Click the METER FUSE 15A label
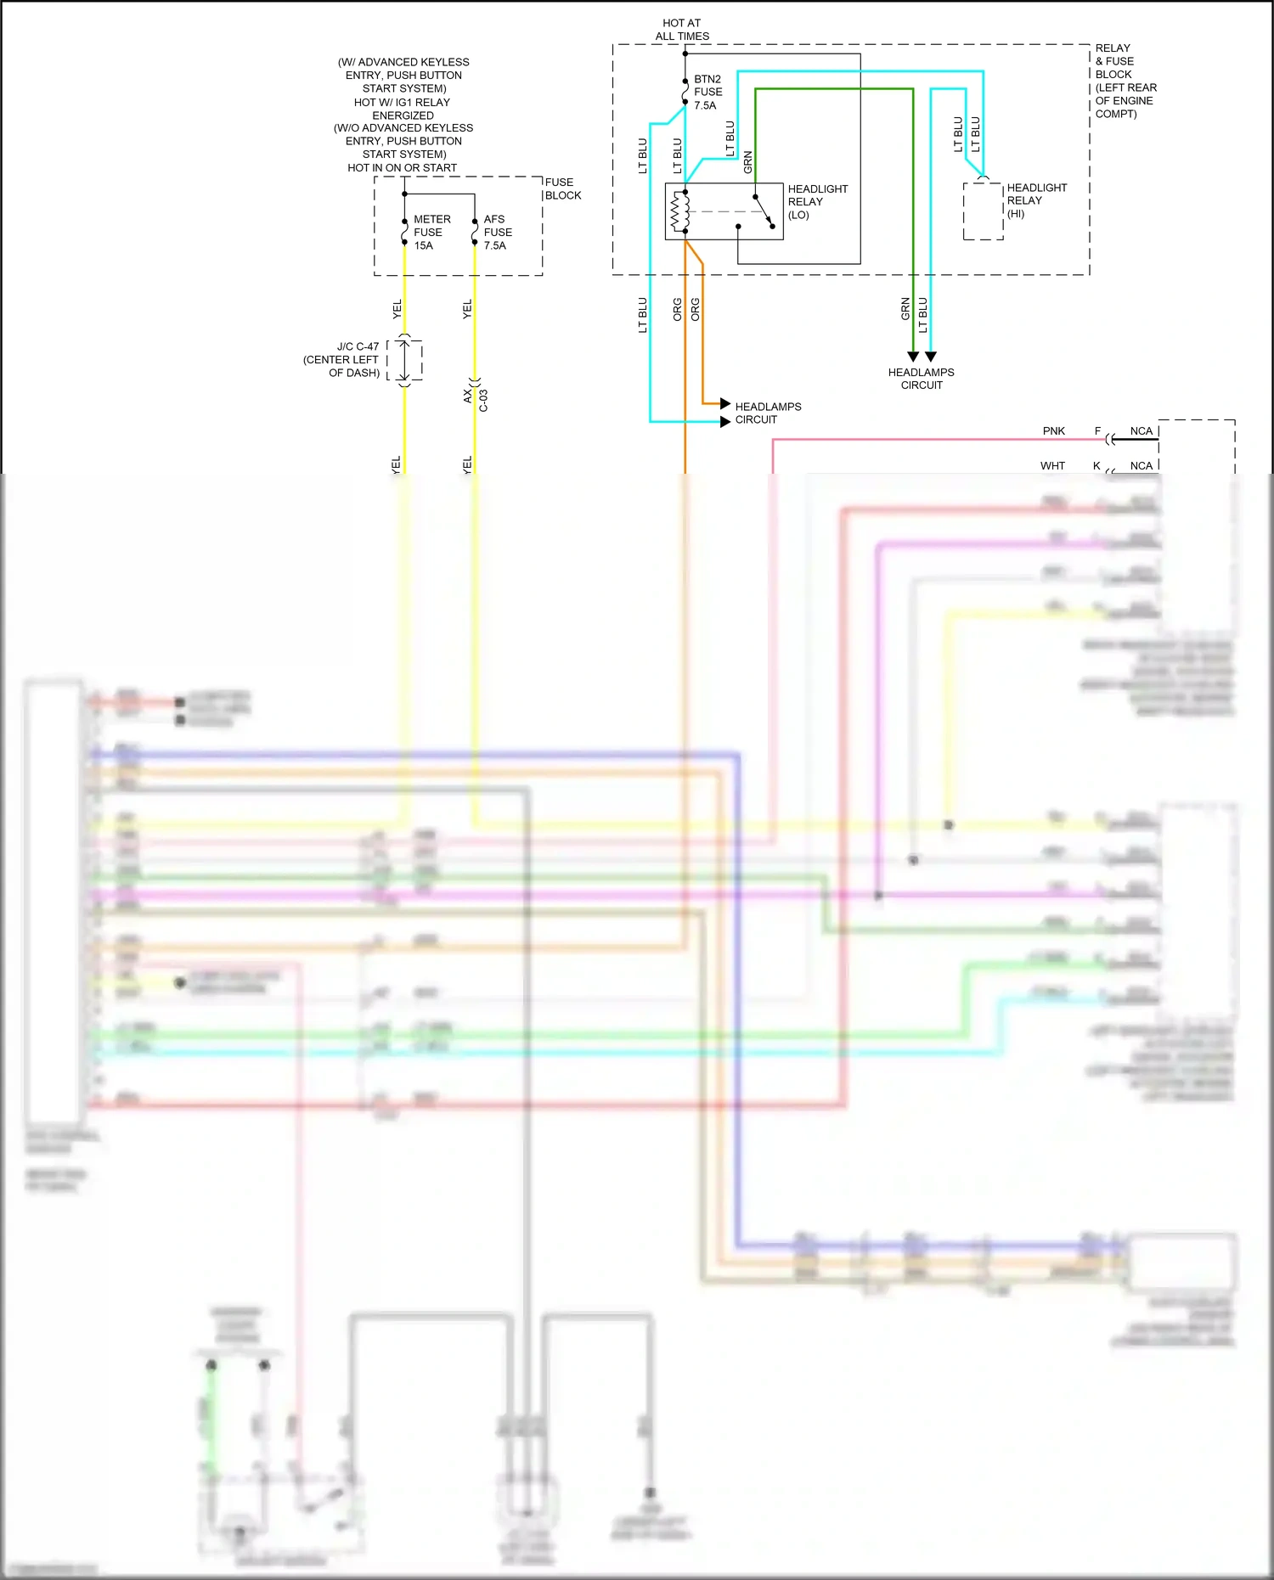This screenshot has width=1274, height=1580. tap(431, 232)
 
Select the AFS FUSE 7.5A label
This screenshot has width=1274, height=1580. tap(497, 232)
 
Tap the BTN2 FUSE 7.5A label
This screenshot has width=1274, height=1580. tap(707, 92)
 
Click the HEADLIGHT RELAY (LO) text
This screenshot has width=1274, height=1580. tap(816, 201)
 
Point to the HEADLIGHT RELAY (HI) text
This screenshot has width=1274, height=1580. tap(1035, 200)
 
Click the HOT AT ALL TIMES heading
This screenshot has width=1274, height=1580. tap(682, 30)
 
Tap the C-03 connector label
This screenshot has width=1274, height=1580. tap(482, 400)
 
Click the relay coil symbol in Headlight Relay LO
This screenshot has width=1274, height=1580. tap(679, 211)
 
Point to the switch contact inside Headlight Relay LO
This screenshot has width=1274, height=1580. tap(763, 211)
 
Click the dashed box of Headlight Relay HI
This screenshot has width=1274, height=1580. tap(983, 211)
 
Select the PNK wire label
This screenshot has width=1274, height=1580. tap(1053, 431)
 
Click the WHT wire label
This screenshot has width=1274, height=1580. tap(1052, 466)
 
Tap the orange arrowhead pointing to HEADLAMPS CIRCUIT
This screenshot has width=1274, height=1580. tap(725, 403)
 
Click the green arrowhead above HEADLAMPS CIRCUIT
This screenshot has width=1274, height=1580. tap(913, 357)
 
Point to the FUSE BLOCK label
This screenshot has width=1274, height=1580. tap(562, 188)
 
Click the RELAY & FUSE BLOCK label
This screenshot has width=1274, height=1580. tap(1124, 81)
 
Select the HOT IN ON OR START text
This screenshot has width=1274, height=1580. tap(402, 167)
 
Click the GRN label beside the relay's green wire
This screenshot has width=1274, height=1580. tap(748, 161)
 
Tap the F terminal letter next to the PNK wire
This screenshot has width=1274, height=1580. tap(1097, 431)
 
